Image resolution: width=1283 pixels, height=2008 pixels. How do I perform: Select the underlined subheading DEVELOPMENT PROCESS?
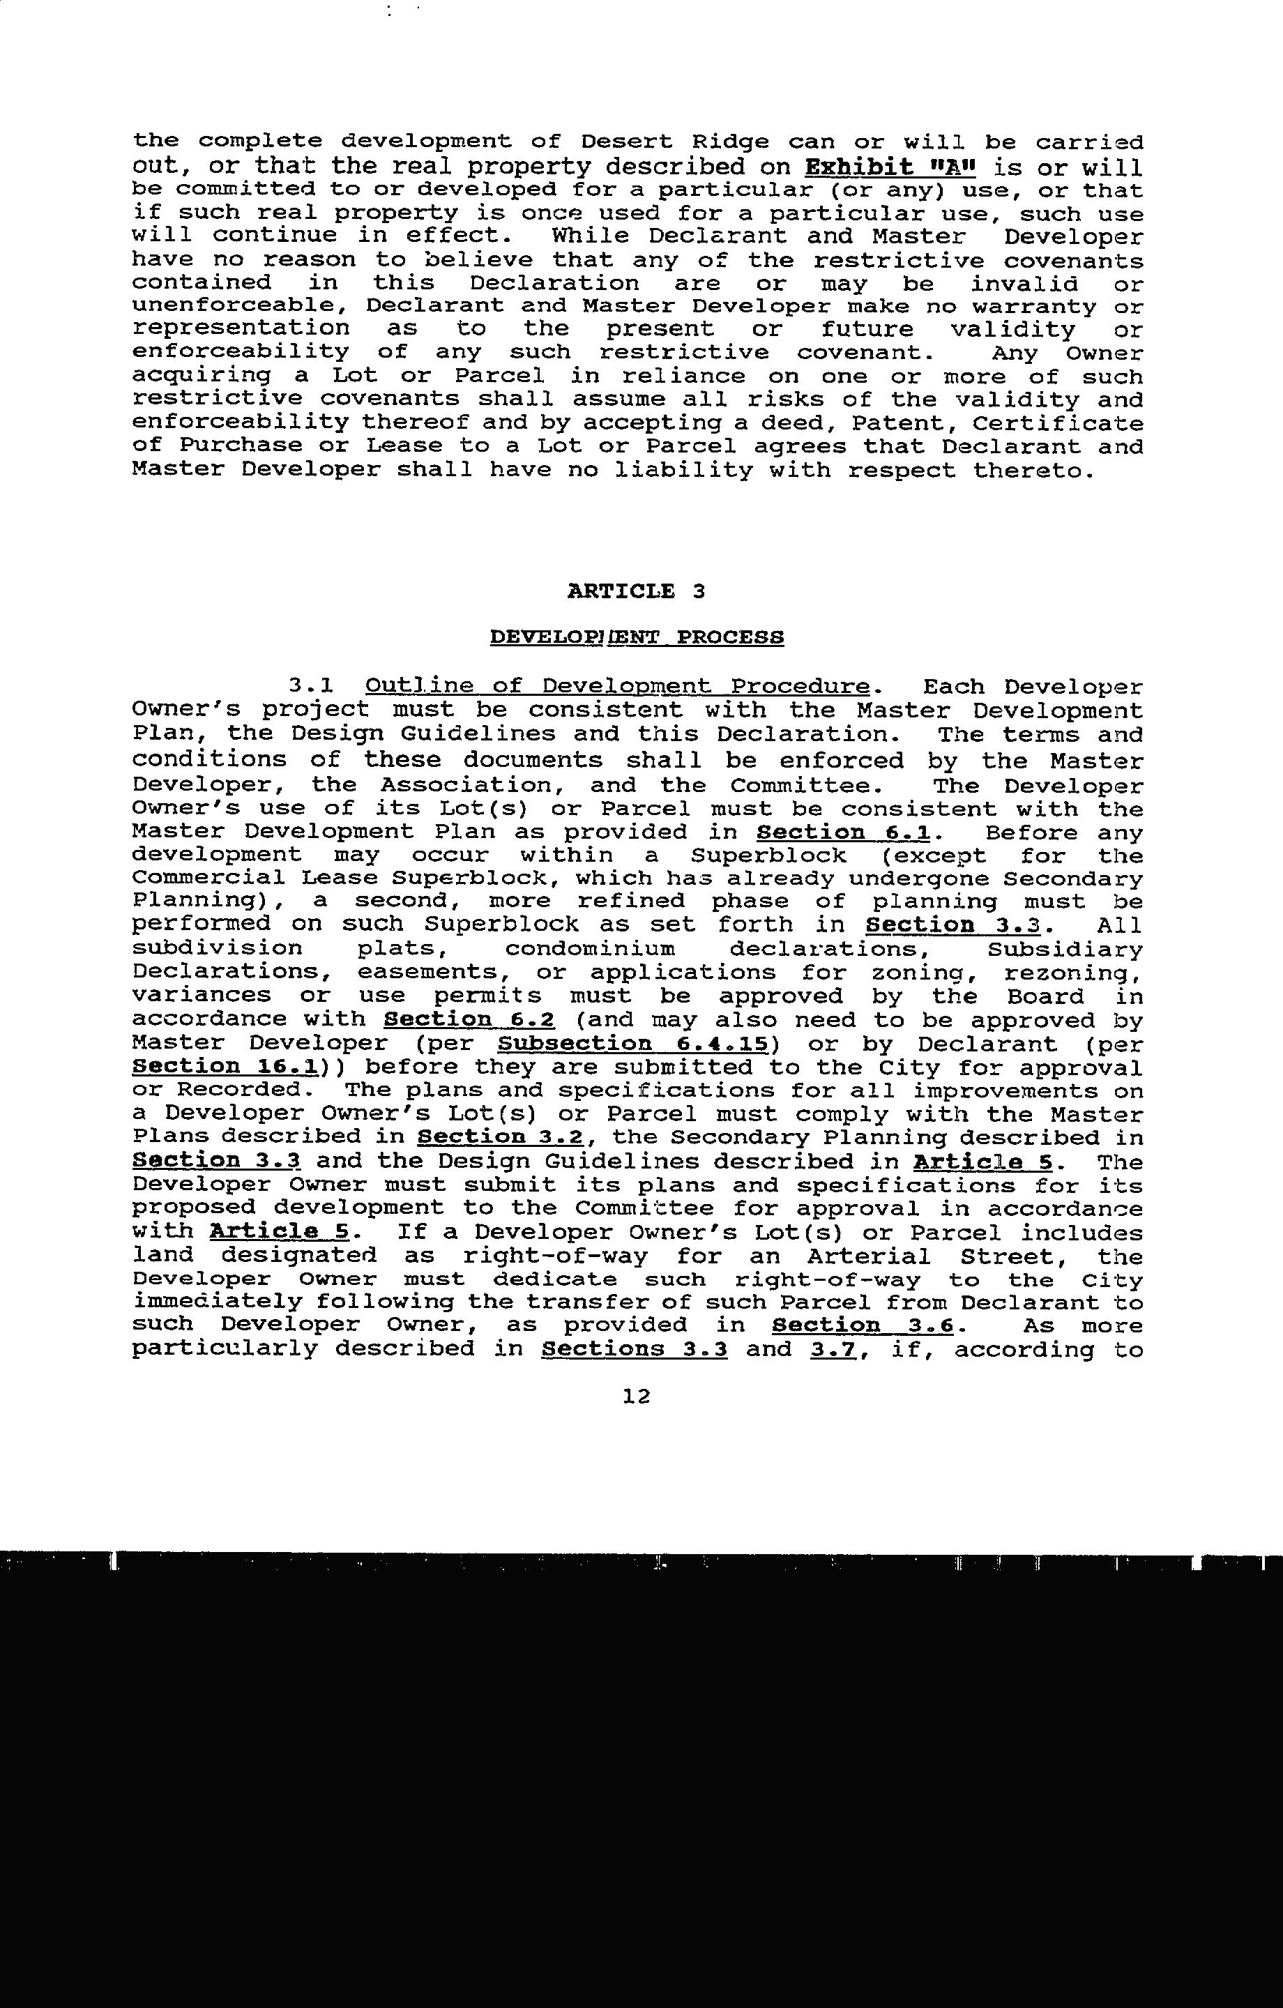point(637,637)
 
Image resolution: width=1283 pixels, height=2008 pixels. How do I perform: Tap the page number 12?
point(636,1396)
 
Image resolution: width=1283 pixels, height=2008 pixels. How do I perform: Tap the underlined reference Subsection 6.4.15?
point(632,1043)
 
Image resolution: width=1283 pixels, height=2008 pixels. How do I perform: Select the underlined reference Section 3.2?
point(501,1136)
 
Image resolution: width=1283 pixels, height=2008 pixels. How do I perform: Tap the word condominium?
point(590,949)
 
